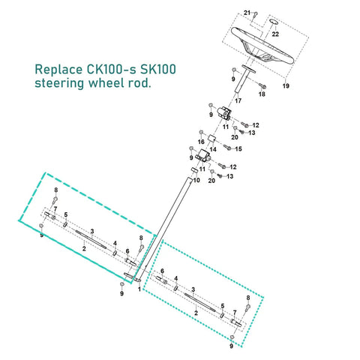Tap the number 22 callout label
pos(275,34)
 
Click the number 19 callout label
pos(286,85)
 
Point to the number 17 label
pos(238,100)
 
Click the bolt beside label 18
pos(262,86)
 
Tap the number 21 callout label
pos(247,13)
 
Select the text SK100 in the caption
pos(158,69)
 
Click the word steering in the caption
pos(59,83)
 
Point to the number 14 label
pos(213,149)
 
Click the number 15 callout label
pos(238,148)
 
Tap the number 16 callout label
pos(201,142)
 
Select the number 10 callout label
pos(196,180)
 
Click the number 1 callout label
pos(139,289)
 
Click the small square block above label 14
pos(212,139)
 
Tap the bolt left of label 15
pos(227,147)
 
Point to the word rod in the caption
pos(141,83)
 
